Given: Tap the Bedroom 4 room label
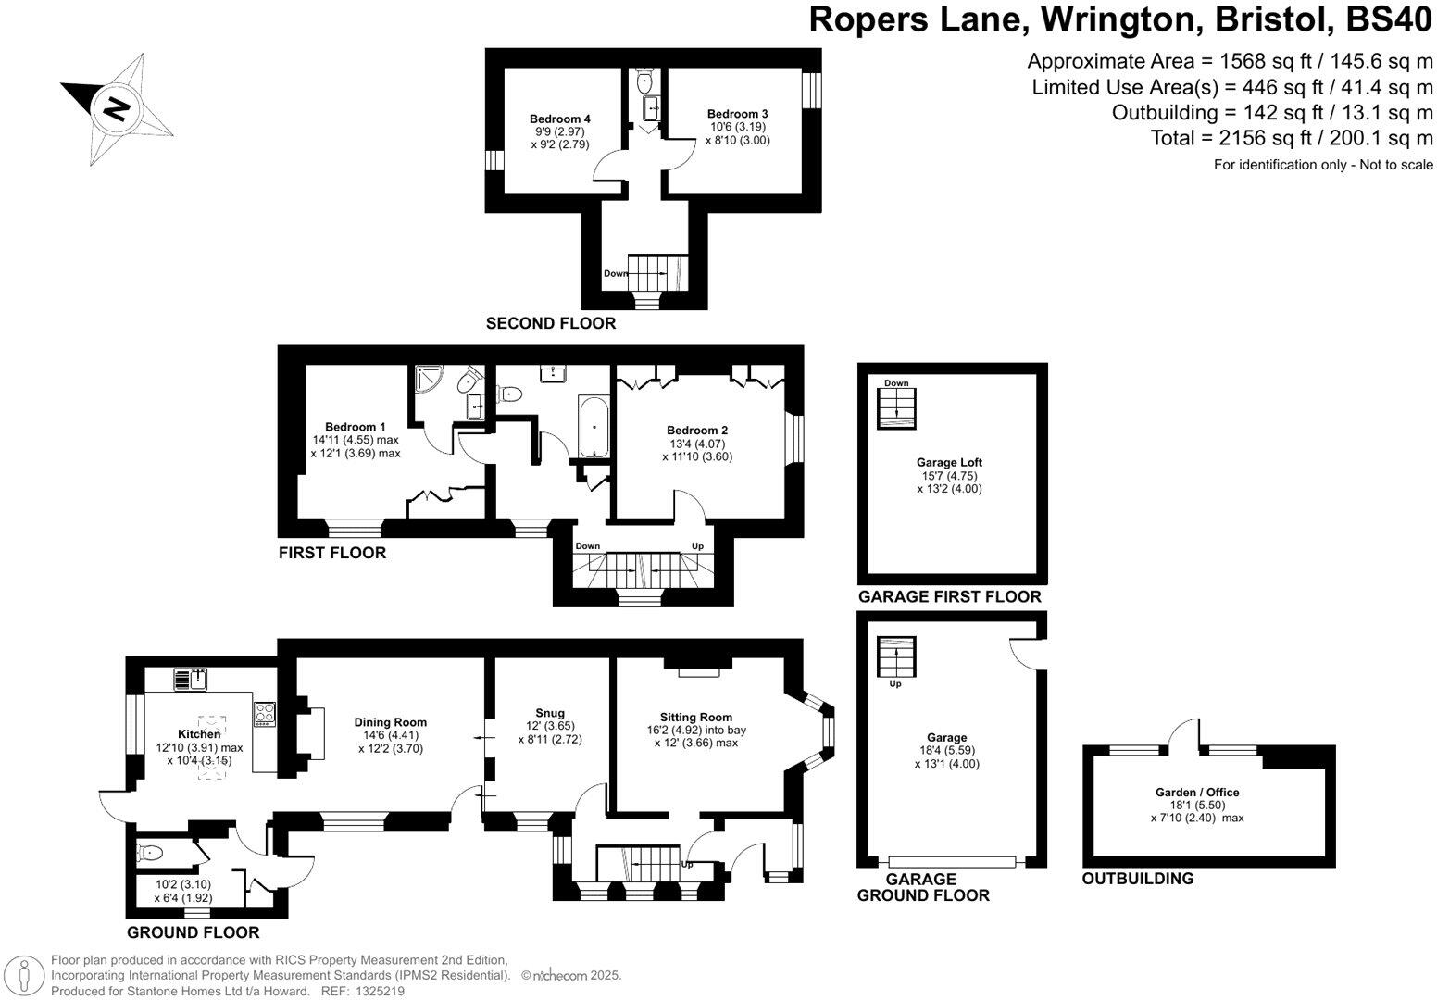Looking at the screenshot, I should click(559, 119).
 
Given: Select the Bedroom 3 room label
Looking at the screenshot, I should click(737, 114).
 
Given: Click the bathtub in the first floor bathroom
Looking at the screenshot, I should click(593, 427).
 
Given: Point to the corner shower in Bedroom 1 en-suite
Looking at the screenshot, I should click(429, 379).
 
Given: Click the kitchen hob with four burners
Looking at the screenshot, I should click(265, 714).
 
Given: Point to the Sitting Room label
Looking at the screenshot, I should click(695, 717).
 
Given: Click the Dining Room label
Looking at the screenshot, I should click(390, 722).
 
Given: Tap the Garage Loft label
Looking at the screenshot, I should click(949, 462).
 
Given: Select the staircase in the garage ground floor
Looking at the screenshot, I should click(895, 658).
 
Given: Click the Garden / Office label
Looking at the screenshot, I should click(1196, 792).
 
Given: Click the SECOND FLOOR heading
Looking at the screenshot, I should click(550, 323).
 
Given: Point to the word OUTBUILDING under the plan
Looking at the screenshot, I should click(1137, 878).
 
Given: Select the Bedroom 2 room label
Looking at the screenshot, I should click(696, 431).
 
